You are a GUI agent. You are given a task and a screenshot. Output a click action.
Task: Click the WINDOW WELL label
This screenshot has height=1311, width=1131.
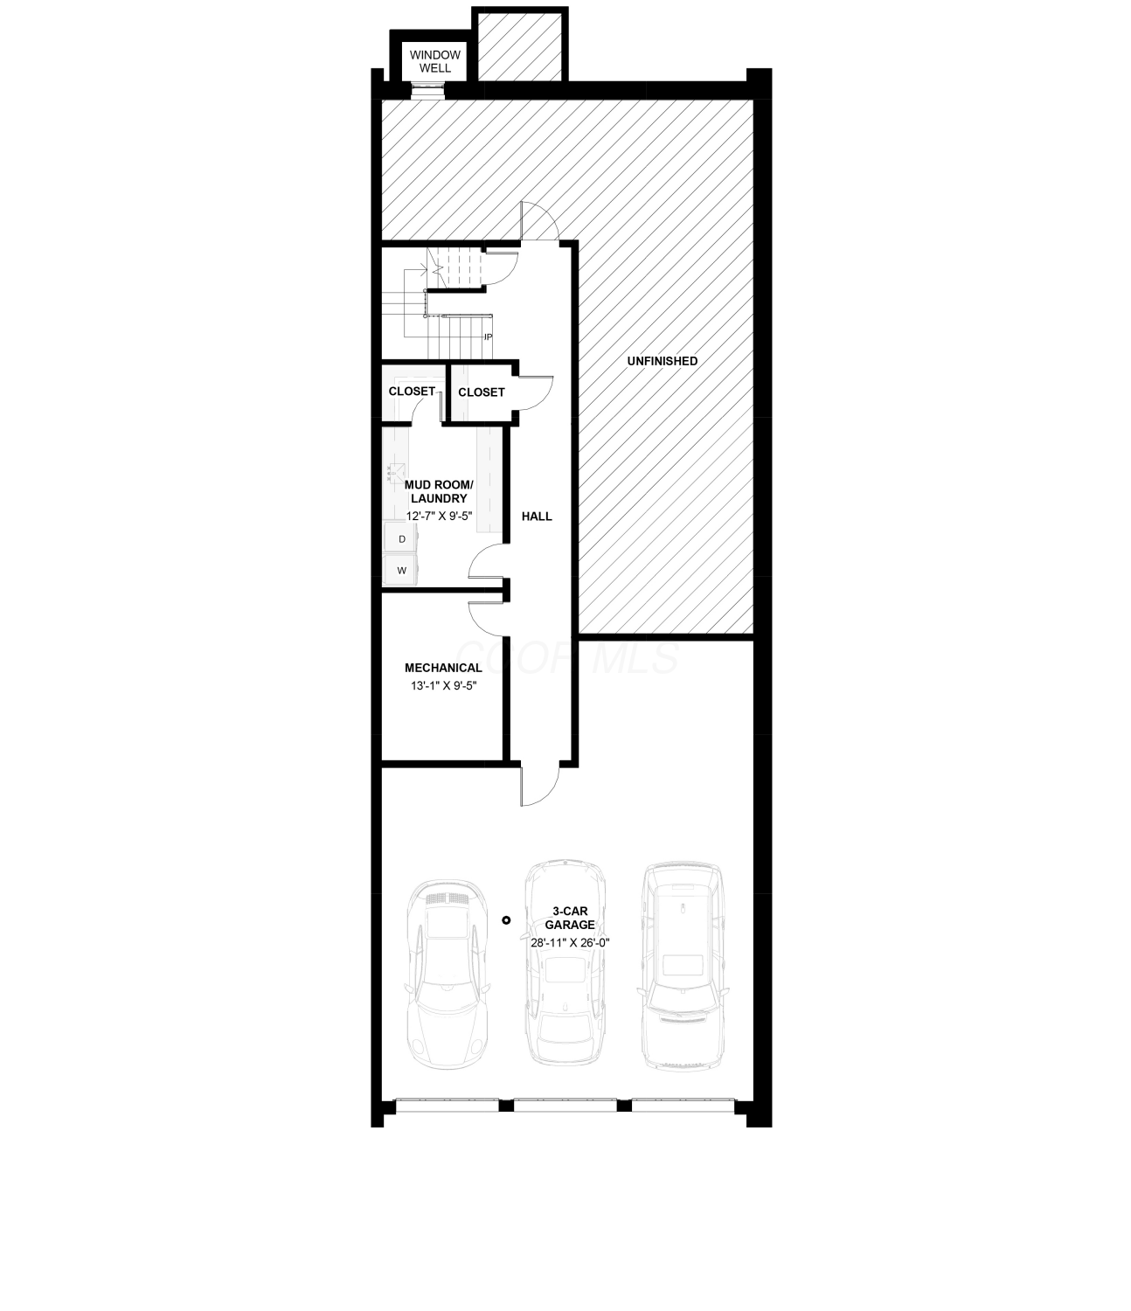pos(434,61)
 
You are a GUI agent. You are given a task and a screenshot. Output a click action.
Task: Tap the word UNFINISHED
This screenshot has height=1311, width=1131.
pos(663,361)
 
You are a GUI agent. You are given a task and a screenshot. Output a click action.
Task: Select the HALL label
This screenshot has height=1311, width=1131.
pos(537,517)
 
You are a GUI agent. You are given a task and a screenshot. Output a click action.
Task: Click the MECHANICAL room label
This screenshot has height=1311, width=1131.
pos(443,668)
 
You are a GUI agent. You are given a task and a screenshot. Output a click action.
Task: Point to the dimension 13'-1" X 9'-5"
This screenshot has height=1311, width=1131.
pos(443,685)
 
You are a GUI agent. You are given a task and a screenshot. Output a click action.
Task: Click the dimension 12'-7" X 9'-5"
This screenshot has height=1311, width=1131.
pos(439,517)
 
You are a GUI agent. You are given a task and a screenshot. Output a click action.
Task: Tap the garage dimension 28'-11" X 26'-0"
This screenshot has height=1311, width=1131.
pos(570,942)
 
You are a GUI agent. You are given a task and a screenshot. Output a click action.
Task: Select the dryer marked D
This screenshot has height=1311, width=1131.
pos(400,538)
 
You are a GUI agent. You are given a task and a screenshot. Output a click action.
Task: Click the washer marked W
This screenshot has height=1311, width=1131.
pos(400,570)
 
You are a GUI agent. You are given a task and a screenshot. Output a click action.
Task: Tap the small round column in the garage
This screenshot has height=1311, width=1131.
pos(506,920)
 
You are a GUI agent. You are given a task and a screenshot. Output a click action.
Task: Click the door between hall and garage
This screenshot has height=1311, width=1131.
pos(539,787)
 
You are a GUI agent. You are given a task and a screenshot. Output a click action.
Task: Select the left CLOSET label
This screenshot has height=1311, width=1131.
pos(412,392)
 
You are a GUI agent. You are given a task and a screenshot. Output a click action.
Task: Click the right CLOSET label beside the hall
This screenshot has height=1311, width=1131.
pos(482,392)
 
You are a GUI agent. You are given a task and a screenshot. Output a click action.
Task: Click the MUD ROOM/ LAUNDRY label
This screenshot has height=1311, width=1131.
pos(439,491)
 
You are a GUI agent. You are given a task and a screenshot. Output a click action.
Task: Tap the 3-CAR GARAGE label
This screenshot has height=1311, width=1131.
pos(570,918)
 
